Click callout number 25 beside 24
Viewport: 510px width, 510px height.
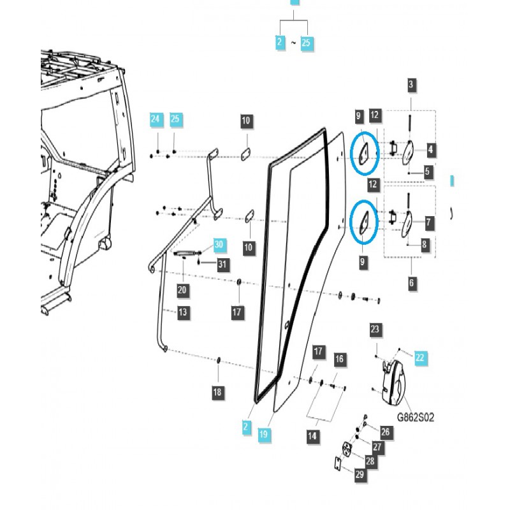[175, 119]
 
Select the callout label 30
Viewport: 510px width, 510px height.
[219, 245]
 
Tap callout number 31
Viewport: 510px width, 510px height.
[221, 264]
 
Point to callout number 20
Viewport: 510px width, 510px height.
[182, 290]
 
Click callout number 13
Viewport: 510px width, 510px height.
[182, 312]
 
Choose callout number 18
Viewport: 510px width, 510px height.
[218, 393]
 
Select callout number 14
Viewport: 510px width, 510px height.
[312, 437]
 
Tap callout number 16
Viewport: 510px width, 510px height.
[339, 360]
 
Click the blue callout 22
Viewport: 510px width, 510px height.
[419, 358]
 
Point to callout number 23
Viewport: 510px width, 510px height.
[375, 330]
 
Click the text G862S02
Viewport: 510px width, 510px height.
[416, 418]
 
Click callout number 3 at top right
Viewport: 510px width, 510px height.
[411, 85]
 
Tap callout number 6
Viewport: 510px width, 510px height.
[411, 282]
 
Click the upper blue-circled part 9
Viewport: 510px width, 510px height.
[365, 151]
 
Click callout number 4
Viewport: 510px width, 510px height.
[431, 150]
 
